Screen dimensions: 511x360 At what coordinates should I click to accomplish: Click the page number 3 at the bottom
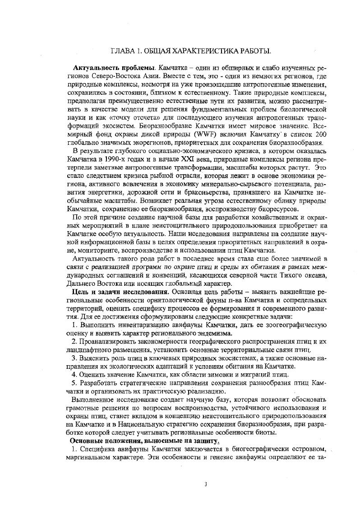tap(206, 485)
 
